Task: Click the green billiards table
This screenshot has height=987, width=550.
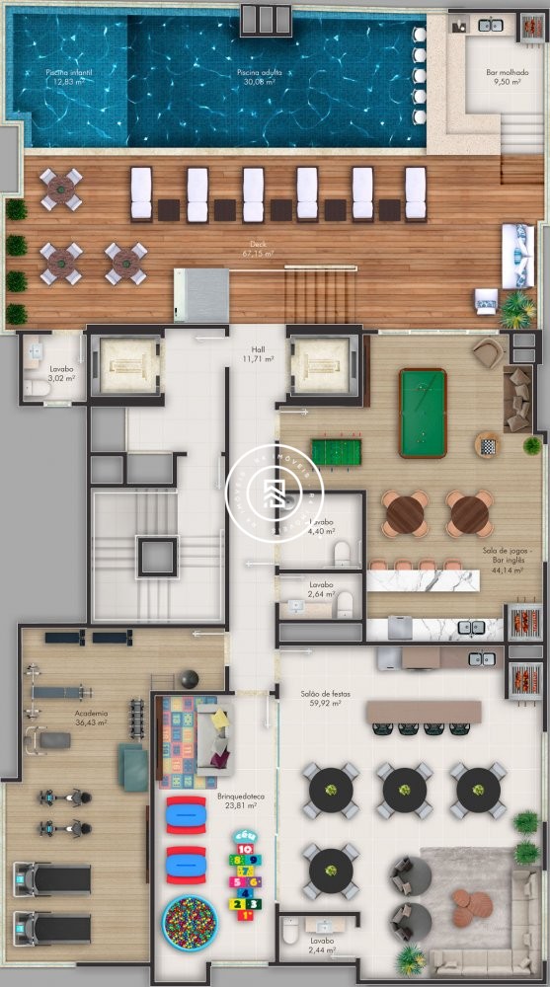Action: click(x=422, y=412)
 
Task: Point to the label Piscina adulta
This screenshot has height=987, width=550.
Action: click(x=255, y=77)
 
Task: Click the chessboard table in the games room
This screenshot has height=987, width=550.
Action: click(x=488, y=444)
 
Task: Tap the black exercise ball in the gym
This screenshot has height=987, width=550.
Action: click(x=189, y=679)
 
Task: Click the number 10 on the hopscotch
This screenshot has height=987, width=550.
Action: click(x=246, y=848)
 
